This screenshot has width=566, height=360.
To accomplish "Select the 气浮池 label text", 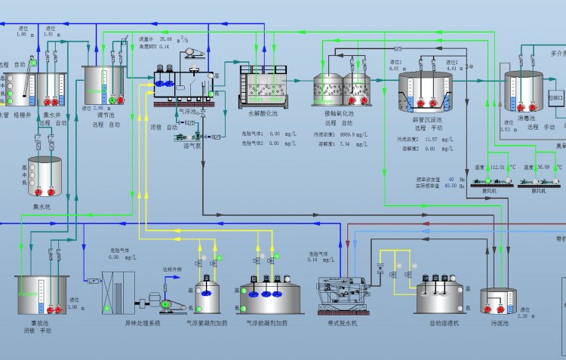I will point(187,111).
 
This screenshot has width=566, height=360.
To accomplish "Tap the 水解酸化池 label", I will point(263,112).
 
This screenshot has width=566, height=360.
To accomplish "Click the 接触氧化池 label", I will point(339,112).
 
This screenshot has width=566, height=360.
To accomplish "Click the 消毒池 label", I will point(526,118).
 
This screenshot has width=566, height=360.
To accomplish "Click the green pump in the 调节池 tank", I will point(112,100).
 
